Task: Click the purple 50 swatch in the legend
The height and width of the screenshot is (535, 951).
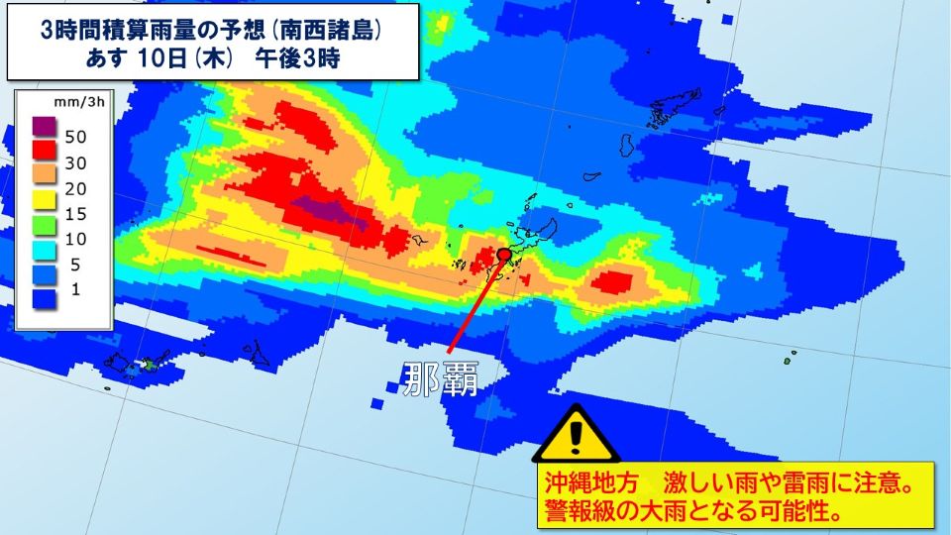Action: click(x=43, y=128)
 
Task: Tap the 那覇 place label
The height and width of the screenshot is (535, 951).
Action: click(x=440, y=377)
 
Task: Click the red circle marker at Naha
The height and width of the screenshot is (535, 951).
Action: click(x=503, y=255)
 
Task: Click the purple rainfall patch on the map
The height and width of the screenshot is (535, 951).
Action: click(x=331, y=211)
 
